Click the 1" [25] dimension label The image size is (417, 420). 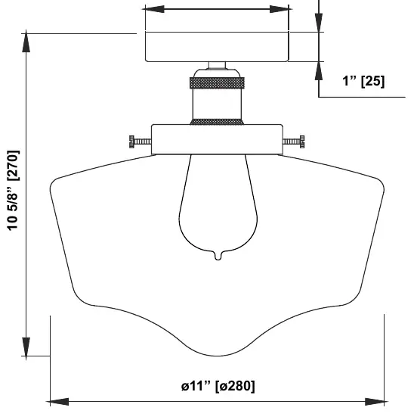tap(363, 81)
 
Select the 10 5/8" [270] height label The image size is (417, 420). tap(13, 191)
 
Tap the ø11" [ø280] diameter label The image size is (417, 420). tap(218, 386)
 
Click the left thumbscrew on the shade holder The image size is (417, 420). tap(140, 142)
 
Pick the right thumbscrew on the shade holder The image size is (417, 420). tap(294, 142)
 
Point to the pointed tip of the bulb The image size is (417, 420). tap(218, 260)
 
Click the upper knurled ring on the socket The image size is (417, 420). tap(217, 83)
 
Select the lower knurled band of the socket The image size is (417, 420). tap(217, 122)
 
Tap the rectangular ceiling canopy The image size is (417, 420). tap(217, 47)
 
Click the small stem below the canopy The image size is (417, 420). tap(217, 66)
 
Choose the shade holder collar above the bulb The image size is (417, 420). tap(217, 139)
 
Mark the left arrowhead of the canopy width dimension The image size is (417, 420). tap(153, 9)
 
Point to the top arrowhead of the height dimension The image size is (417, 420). tap(26, 41)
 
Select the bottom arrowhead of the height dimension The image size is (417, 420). tap(26, 348)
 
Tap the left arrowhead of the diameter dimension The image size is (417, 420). tap(57, 402)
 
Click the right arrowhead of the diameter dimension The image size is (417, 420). tap(376, 402)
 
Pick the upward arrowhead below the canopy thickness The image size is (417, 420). tap(319, 70)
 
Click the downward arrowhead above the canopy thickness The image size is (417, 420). tap(319, 23)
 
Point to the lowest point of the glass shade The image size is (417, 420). tap(217, 356)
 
